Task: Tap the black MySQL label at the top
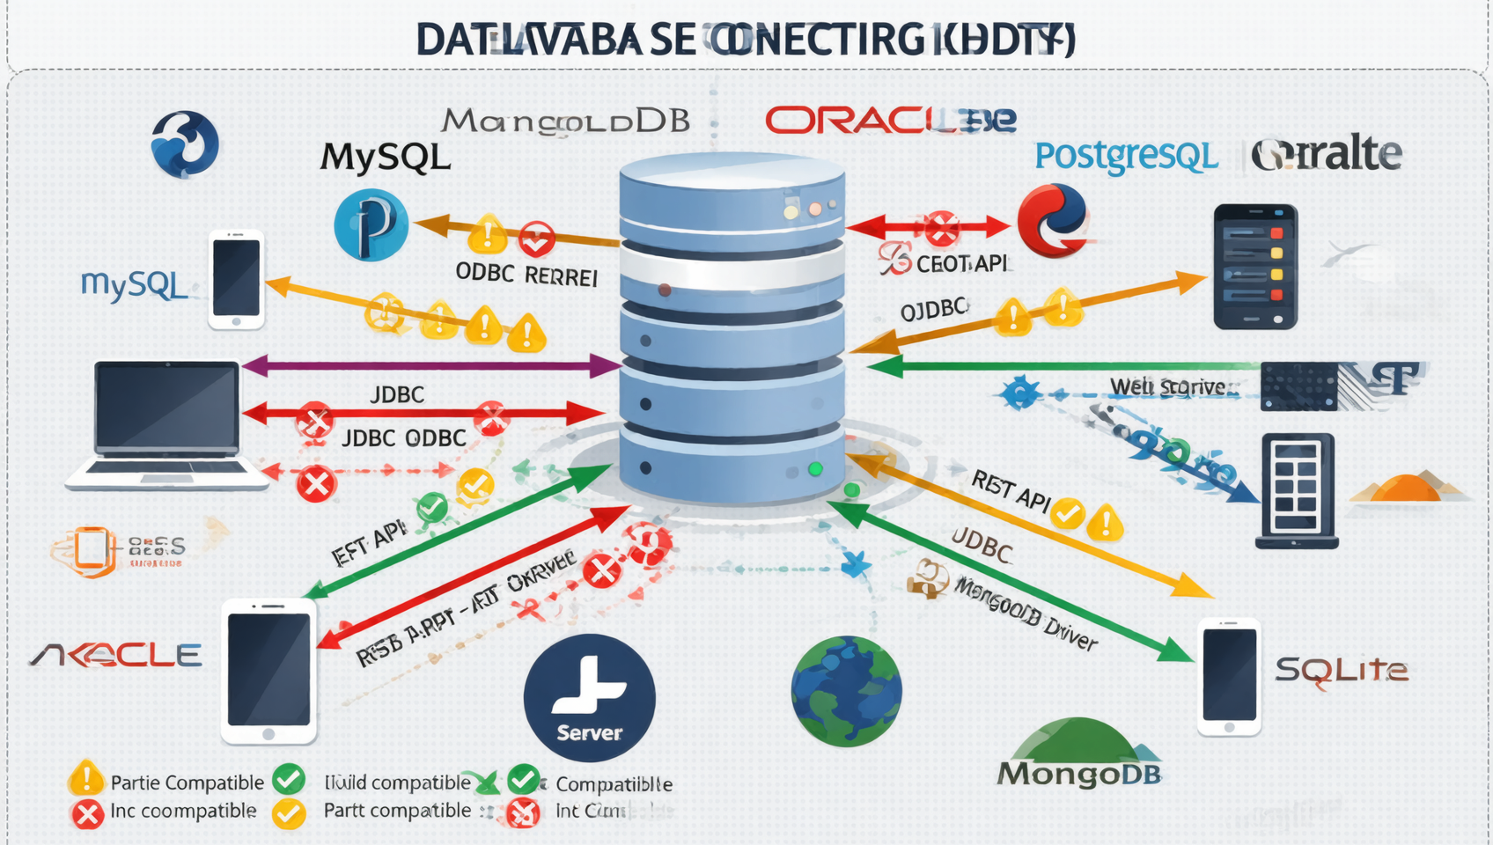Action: (386, 158)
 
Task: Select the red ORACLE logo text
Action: (890, 121)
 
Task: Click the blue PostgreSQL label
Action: (1126, 157)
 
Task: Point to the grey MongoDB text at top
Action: (565, 121)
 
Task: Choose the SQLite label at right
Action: (1341, 672)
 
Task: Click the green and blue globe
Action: (846, 692)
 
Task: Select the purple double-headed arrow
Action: (431, 365)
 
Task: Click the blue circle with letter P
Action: (371, 225)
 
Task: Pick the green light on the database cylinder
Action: (815, 469)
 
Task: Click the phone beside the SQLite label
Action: (1230, 676)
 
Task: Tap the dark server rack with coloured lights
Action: (1254, 267)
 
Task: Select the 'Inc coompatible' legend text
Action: (183, 812)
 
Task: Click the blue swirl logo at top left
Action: (185, 143)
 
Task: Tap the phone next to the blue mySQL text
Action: (236, 279)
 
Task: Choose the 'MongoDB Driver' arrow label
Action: (1026, 614)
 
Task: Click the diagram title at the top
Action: (745, 40)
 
